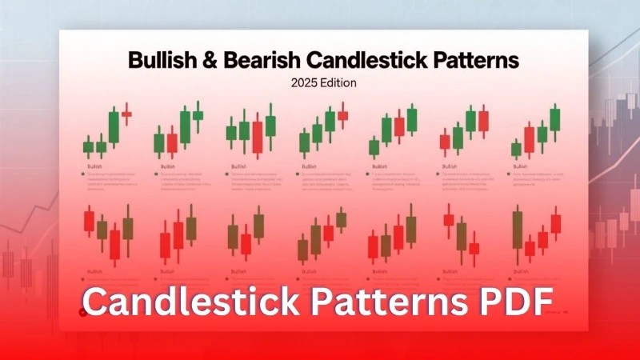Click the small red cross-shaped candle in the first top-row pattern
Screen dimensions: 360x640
point(126,115)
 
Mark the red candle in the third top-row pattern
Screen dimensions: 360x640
point(257,135)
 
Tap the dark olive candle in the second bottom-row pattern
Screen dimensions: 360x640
point(191,229)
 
